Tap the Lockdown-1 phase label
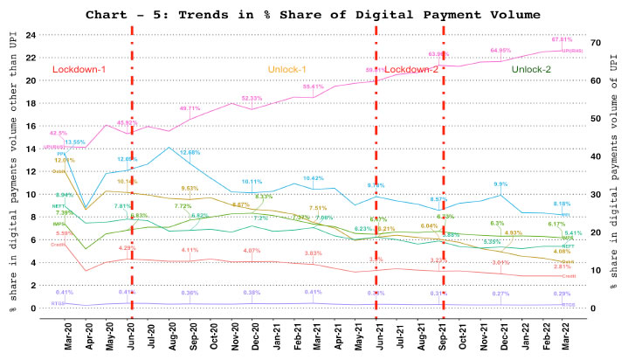click(x=78, y=69)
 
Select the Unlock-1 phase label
click(x=289, y=69)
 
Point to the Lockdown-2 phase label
click(x=409, y=69)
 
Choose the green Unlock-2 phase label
click(x=534, y=69)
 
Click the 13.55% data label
click(x=74, y=142)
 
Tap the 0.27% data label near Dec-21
click(x=501, y=294)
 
